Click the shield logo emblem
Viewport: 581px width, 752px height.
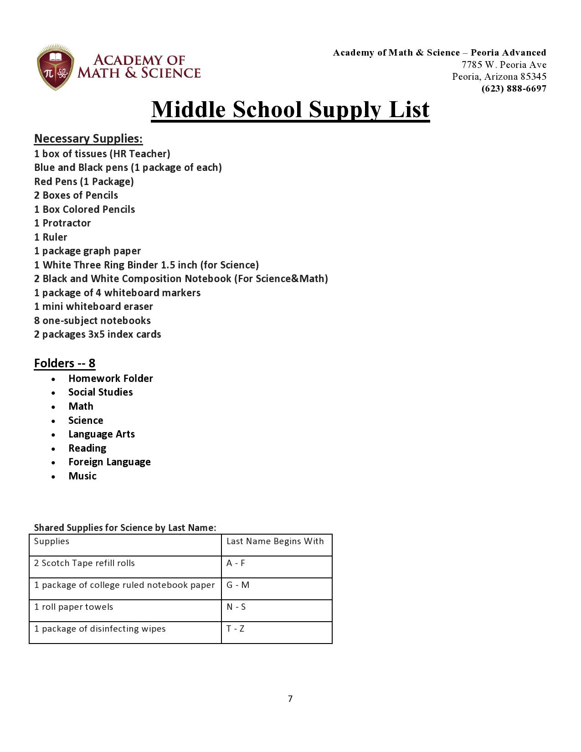pyautogui.click(x=55, y=67)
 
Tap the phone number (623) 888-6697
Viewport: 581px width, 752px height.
pyautogui.click(x=514, y=88)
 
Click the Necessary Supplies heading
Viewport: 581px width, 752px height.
pyautogui.click(x=88, y=139)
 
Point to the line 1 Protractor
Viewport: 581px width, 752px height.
pyautogui.click(x=62, y=223)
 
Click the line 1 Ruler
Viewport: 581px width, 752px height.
pyautogui.click(x=51, y=237)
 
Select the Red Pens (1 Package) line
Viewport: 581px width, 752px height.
pyautogui.click(x=84, y=182)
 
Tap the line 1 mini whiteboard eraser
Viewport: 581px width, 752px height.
pyautogui.click(x=93, y=307)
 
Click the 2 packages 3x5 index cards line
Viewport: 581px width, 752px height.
pyautogui.click(x=98, y=335)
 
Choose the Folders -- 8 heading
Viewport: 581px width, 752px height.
pyautogui.click(x=65, y=363)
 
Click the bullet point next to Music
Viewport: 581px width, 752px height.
pyautogui.click(x=54, y=477)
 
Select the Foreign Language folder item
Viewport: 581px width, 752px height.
pyautogui.click(x=109, y=462)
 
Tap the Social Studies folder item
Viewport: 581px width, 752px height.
pyautogui.click(x=100, y=392)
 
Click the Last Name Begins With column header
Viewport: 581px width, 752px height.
pyautogui.click(x=275, y=541)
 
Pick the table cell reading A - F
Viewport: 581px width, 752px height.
pyautogui.click(x=236, y=563)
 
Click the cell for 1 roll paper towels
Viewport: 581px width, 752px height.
pyautogui.click(x=73, y=607)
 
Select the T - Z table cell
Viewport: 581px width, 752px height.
pyautogui.click(x=235, y=629)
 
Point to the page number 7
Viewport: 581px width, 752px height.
pyautogui.click(x=290, y=699)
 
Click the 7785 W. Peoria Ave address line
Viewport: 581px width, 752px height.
pyautogui.click(x=504, y=65)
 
